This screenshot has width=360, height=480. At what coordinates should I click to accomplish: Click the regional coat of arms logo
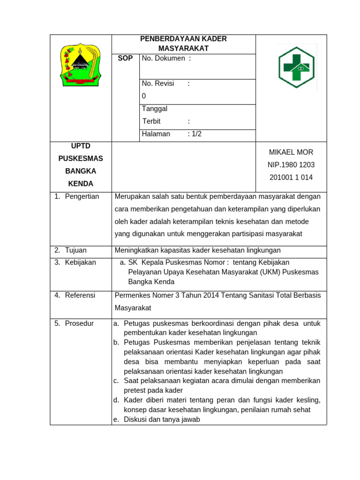(81, 65)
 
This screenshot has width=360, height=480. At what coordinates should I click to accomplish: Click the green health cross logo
(296, 67)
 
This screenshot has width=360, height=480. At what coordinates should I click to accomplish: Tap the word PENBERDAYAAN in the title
(163, 39)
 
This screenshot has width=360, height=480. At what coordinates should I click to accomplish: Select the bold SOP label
(125, 59)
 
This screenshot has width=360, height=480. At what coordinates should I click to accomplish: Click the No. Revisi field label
(158, 83)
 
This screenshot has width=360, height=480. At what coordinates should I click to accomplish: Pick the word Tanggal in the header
(155, 109)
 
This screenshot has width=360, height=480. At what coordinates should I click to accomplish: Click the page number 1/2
(196, 134)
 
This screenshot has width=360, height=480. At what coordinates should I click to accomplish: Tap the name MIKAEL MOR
(291, 152)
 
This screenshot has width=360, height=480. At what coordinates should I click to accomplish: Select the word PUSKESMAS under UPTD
(81, 158)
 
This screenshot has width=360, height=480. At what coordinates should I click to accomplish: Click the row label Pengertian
(82, 196)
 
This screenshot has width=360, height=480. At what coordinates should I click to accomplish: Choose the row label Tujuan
(75, 250)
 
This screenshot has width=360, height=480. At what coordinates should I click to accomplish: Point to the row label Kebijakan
(80, 262)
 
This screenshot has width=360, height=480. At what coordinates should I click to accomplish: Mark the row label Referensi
(80, 295)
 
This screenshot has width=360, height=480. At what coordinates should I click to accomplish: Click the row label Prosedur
(79, 323)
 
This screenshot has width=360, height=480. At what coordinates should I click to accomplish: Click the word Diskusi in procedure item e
(136, 420)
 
